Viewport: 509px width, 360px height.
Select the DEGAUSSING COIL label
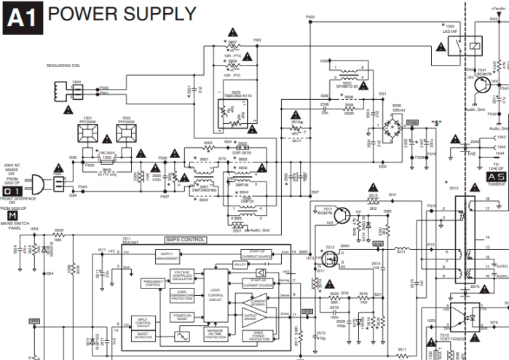point(66,65)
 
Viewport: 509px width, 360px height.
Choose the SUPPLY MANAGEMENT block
point(167,256)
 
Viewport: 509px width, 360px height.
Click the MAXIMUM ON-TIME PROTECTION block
point(217,334)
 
